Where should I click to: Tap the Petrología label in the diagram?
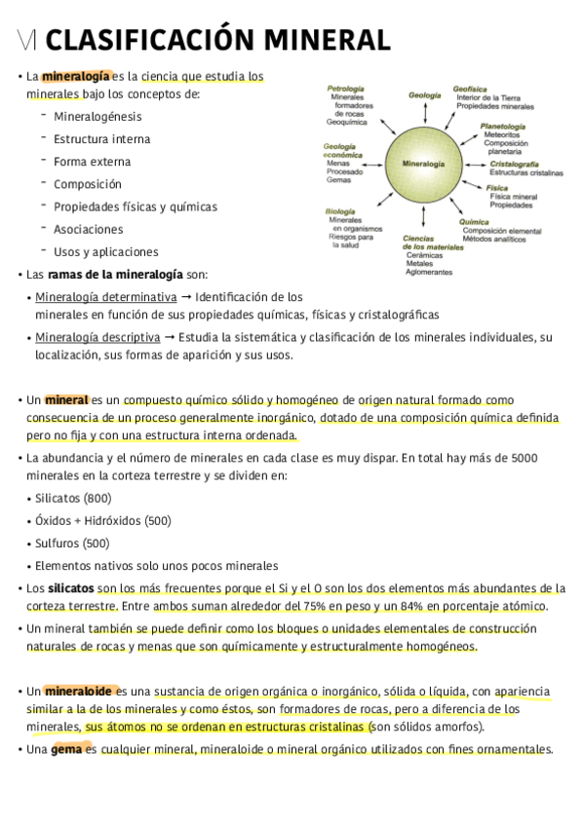point(345,89)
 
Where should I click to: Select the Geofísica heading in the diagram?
point(470,89)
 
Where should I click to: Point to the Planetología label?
point(503,127)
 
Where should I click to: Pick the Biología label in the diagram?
point(340,211)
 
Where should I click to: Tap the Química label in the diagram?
point(474,222)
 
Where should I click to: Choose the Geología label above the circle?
point(425,95)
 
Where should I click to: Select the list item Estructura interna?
point(102,138)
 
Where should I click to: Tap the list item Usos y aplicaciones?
point(106,252)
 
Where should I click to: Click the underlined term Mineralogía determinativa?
point(105,297)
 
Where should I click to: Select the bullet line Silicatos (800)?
point(73,499)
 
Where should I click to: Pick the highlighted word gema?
point(66,750)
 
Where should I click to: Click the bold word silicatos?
point(71,588)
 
